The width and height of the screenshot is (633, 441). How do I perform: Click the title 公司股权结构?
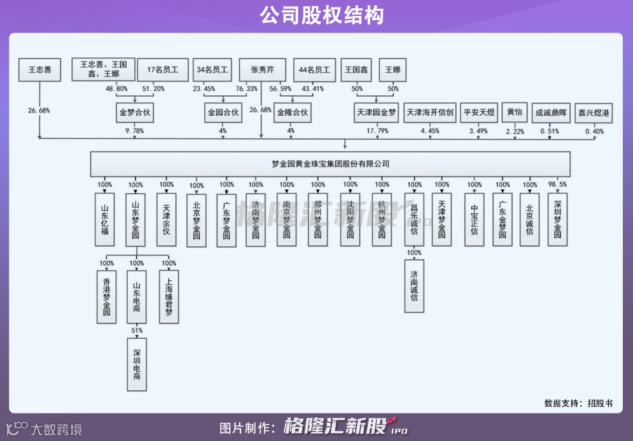coord(316,16)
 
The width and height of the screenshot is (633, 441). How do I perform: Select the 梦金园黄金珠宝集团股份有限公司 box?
coord(330,164)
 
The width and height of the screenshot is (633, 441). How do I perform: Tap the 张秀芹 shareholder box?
coord(262,70)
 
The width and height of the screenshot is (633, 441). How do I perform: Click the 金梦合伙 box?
coord(135,113)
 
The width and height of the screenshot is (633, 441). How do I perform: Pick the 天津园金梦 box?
coord(375,113)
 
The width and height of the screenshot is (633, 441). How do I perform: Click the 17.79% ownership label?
coord(377,132)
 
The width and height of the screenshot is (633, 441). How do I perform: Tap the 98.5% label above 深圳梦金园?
coord(558,185)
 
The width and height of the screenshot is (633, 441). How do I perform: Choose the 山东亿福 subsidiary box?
coord(105,219)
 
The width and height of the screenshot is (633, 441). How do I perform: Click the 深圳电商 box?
coord(137,363)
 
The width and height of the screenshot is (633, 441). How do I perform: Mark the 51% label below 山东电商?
coord(137,330)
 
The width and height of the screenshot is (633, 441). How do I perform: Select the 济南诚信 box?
coord(414,286)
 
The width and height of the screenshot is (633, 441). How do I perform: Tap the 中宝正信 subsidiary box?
coord(474,219)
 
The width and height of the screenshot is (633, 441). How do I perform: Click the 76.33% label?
coord(247,89)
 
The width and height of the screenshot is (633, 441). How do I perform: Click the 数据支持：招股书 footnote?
coord(578,403)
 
